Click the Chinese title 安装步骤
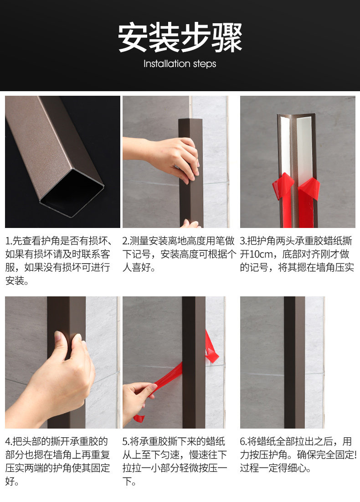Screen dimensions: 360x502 coord(180,37)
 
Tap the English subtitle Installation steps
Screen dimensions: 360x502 coord(180,63)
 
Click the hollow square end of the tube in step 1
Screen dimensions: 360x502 coord(72,192)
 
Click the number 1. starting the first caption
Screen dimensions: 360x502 coord(9,241)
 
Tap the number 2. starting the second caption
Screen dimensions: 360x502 coord(126,241)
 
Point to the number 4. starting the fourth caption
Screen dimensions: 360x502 coord(9,441)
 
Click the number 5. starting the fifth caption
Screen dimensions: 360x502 coord(126,441)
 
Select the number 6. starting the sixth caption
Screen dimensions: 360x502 coord(243,441)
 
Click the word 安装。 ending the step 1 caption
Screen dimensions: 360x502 coord(17,281)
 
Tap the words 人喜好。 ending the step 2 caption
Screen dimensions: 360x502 coord(139,267)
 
